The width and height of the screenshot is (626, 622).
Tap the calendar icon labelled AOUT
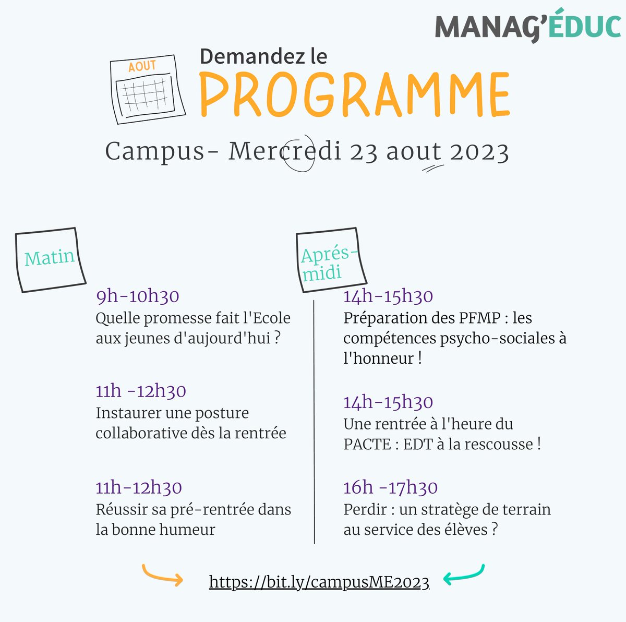tap(147, 90)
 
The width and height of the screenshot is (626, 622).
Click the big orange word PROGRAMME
tap(354, 95)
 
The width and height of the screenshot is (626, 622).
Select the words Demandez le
tap(263, 56)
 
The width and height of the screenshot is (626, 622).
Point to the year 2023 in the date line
tap(479, 152)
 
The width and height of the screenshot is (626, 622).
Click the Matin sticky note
tap(50, 259)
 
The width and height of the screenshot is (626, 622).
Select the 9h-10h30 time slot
tap(138, 296)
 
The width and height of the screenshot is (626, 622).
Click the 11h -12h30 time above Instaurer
tap(141, 391)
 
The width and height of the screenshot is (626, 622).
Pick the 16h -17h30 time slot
tap(390, 487)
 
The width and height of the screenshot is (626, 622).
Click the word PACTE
tap(367, 445)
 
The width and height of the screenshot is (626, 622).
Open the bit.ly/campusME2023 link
tap(319, 582)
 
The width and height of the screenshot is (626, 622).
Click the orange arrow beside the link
tap(162, 575)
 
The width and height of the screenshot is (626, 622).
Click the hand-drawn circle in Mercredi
tap(299, 152)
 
